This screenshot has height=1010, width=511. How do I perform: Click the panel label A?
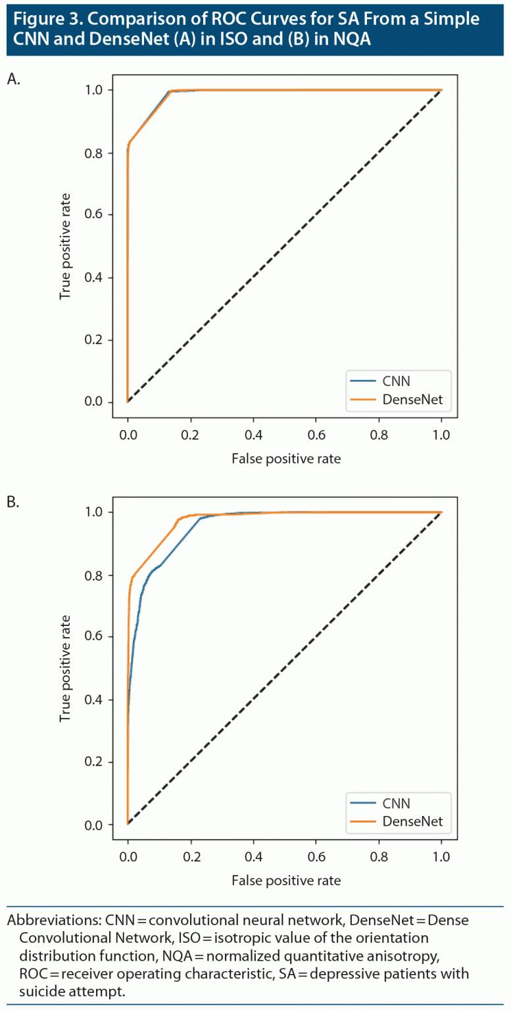[14, 79]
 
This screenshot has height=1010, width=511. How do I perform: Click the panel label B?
[14, 502]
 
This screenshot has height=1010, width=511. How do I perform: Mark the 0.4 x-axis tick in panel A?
[253, 436]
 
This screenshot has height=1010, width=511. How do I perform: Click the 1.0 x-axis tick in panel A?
[441, 436]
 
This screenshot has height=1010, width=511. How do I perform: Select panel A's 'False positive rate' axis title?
[286, 458]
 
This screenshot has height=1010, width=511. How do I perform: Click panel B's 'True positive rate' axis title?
[65, 668]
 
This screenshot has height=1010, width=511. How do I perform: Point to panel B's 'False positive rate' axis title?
[286, 880]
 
